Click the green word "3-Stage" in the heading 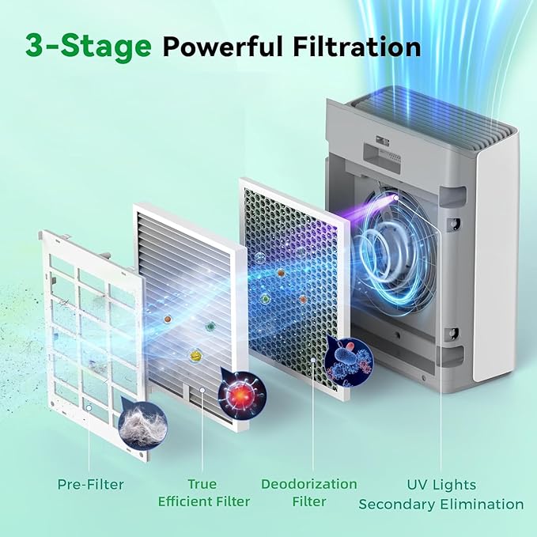point(88,46)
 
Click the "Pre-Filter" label point(89,483)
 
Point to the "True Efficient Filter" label point(203,492)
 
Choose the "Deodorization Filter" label point(309,492)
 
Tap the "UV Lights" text point(441,484)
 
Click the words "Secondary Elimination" point(441,504)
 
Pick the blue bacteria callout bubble point(349,360)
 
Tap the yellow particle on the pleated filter point(195,356)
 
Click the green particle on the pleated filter point(210,326)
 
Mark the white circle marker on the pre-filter point(89,407)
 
